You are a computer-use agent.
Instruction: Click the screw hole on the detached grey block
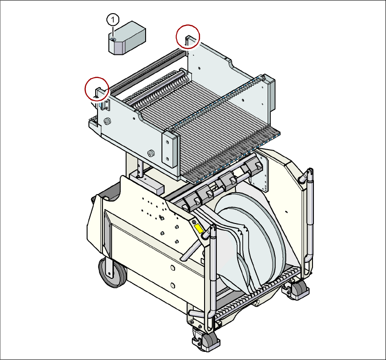pyautogui.click(x=113, y=40)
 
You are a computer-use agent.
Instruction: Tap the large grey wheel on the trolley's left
pyautogui.click(x=112, y=272)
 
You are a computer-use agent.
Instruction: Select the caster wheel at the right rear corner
pyautogui.click(x=298, y=288)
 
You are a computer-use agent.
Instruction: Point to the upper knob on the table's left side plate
pyautogui.click(x=108, y=122)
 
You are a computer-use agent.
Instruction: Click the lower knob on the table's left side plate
pyautogui.click(x=151, y=153)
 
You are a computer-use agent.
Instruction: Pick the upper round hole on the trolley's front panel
pyautogui.click(x=172, y=268)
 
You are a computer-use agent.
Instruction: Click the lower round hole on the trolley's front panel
pyautogui.click(x=172, y=285)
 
